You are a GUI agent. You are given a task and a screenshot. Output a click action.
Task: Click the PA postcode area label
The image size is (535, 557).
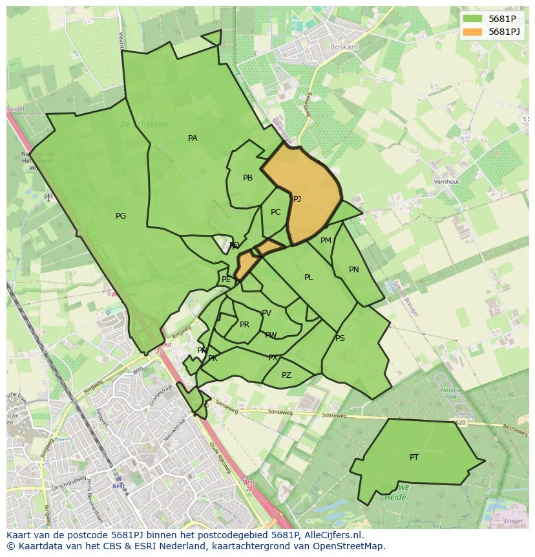pos(193,138)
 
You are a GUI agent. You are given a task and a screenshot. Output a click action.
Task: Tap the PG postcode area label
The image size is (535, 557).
pos(121,216)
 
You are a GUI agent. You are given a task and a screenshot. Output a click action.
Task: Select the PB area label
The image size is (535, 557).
pos(247,178)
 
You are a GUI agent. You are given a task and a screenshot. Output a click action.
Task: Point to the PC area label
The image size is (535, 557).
pos(275,212)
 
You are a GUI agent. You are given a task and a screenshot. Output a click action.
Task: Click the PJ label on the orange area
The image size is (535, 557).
pos(297,199)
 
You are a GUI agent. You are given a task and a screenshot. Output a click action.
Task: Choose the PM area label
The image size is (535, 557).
pos(326,241)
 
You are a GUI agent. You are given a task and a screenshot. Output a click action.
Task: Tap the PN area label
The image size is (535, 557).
pos(353,270)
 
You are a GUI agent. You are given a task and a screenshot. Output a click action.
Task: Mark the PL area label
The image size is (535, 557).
pos(309,278)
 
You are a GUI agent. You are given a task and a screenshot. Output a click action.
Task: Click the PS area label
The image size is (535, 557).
pos(340,338)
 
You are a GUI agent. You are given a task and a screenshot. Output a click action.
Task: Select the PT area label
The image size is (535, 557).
pos(414,457)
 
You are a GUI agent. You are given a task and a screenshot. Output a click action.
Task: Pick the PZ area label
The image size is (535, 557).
pos(286,375)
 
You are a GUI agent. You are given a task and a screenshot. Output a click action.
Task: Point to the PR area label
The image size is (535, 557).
pos(244,325)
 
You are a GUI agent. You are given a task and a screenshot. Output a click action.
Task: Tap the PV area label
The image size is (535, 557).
pos(266,313)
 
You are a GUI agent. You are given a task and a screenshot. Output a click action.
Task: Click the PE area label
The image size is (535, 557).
pos(226,279)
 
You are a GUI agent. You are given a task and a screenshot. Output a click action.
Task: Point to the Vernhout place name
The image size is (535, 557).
pos(446,182)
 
